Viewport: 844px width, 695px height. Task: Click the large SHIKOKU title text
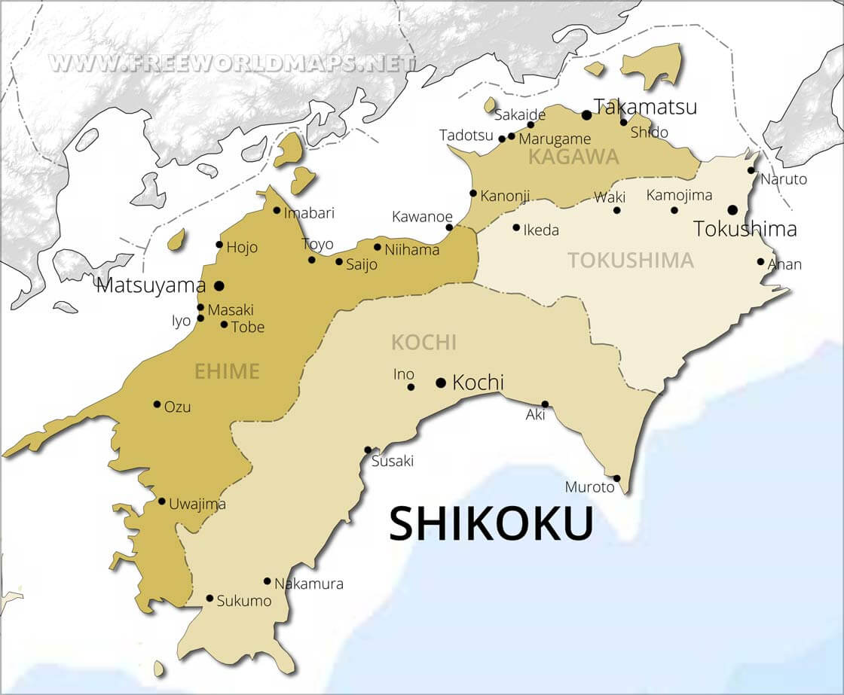491,524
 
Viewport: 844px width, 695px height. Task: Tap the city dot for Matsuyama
219,285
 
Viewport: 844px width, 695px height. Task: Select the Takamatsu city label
645,107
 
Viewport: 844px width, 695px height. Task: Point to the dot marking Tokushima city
732,209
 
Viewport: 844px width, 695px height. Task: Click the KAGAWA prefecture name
573,157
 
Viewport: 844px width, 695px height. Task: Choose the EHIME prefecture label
227,370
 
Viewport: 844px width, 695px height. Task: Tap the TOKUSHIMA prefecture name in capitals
630,261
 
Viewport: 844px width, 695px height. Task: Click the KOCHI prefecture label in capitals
424,343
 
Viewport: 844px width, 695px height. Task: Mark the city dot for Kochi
441,383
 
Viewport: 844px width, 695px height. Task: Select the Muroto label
590,487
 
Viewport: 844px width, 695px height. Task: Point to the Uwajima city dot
161,501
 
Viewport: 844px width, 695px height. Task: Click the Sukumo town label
243,601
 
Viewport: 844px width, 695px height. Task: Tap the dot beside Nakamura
267,581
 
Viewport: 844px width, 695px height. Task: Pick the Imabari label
309,212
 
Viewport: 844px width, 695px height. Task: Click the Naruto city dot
751,170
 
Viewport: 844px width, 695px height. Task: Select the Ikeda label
541,230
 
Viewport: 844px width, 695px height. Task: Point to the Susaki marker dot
368,450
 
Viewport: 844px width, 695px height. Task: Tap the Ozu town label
178,407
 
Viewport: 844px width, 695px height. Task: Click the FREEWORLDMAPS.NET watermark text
232,62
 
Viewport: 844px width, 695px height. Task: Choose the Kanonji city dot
473,194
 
